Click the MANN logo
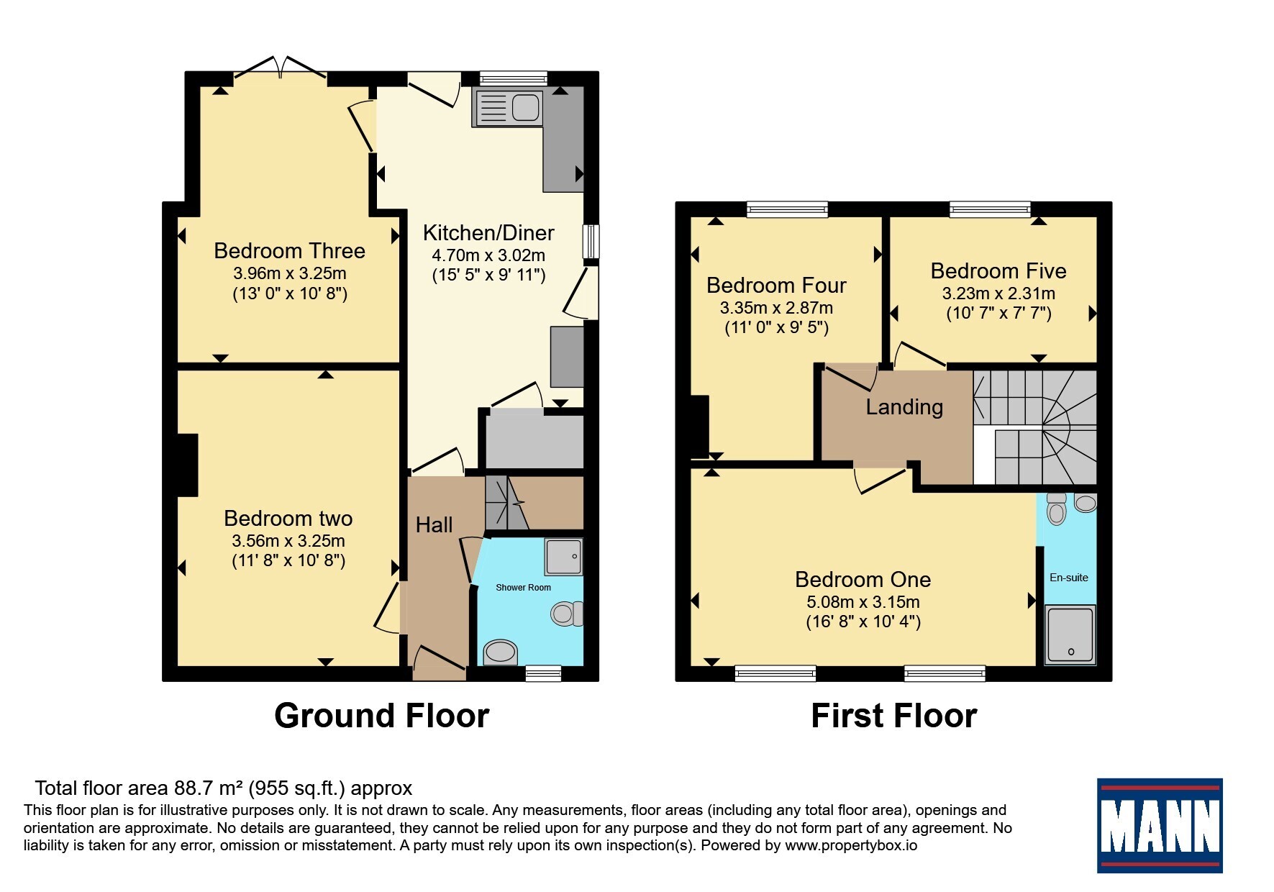[x=1160, y=826]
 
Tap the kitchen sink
[x=508, y=108]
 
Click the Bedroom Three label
[x=289, y=250]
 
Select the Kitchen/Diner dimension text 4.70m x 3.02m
[x=488, y=255]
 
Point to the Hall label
[x=434, y=524]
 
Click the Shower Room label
[x=523, y=588]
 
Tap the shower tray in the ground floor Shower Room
[x=563, y=557]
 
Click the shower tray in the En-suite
[x=1070, y=634]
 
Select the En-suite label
[x=1069, y=578]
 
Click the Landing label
[x=904, y=407]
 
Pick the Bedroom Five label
[x=998, y=270]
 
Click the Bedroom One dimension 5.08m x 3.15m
[x=863, y=602]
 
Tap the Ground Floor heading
[x=382, y=716]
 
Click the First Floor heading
[x=894, y=716]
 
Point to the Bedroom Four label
[x=776, y=285]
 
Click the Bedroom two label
[x=288, y=518]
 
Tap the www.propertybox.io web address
[x=851, y=845]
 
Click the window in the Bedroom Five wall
[x=991, y=209]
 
